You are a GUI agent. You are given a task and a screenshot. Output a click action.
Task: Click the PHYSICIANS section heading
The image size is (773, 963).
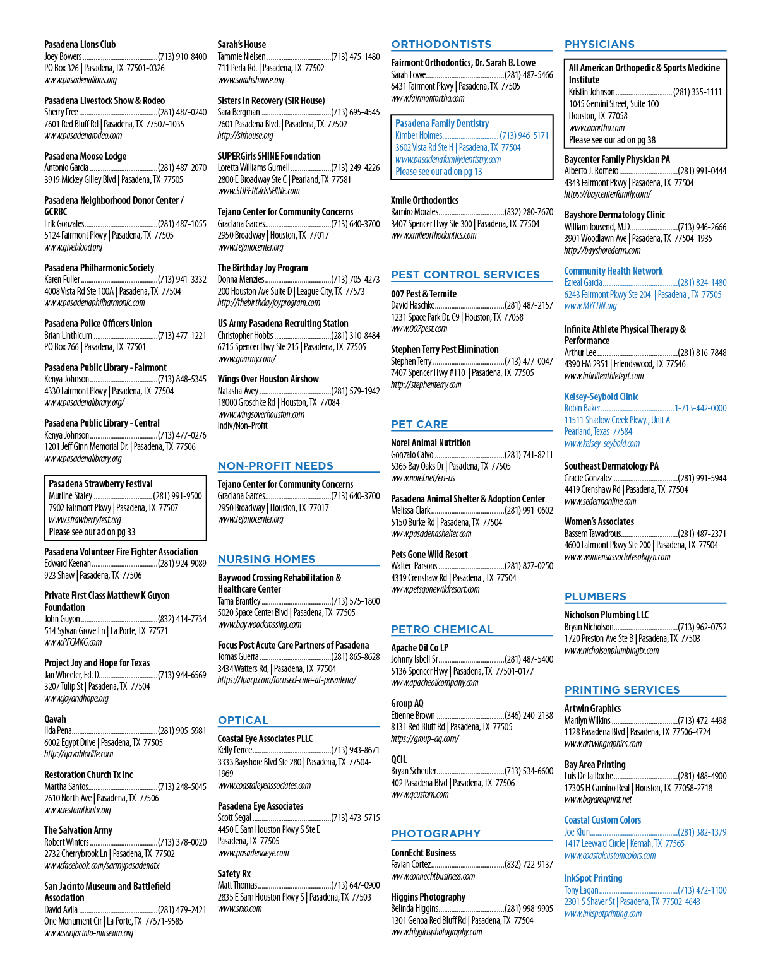click(x=599, y=44)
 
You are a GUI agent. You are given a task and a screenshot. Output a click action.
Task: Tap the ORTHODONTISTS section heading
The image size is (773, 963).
click(x=441, y=44)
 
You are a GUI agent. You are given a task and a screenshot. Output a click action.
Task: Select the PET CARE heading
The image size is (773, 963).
click(x=419, y=424)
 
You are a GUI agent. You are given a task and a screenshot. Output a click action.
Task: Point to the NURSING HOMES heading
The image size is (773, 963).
click(x=267, y=559)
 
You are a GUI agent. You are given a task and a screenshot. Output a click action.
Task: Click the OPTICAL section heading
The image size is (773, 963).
click(x=243, y=720)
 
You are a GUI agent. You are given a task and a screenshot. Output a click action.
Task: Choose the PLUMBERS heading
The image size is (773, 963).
click(x=595, y=596)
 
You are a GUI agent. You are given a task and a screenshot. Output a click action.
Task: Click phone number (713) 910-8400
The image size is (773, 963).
click(x=183, y=57)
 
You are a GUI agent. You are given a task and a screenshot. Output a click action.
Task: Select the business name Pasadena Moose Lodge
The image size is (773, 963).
click(x=85, y=156)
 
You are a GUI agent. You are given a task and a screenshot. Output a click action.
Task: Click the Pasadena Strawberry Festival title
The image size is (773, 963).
click(x=101, y=484)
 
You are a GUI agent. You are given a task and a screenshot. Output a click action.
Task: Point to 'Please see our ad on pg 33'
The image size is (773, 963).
click(x=92, y=531)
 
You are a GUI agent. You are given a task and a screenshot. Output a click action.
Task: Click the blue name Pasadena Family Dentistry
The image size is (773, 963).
click(x=442, y=124)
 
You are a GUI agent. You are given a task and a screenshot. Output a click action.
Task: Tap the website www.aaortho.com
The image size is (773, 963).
click(x=597, y=128)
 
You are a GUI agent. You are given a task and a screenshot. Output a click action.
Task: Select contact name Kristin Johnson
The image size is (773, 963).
click(x=592, y=92)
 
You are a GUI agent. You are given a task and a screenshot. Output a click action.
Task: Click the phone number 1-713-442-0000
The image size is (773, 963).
click(x=700, y=408)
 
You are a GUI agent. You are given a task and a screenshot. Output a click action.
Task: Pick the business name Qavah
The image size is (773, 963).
click(x=55, y=719)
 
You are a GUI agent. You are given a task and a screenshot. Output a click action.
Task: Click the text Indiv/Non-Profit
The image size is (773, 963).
click(x=243, y=425)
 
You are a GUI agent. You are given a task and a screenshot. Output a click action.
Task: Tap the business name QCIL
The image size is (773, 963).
click(x=398, y=759)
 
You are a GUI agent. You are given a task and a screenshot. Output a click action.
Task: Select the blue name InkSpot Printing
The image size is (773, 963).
click(x=593, y=878)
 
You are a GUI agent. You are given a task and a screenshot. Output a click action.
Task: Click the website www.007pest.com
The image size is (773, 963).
click(x=419, y=328)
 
